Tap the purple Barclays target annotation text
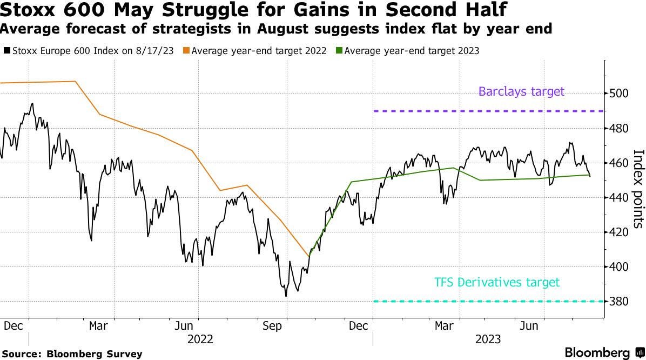click(x=521, y=91)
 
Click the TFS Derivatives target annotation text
click(x=497, y=282)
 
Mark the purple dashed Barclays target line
click(x=486, y=111)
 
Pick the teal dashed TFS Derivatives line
click(x=486, y=301)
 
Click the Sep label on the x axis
click(x=272, y=326)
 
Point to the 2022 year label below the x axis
click(x=200, y=339)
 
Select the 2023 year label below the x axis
click(x=487, y=339)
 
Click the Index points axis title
click(x=638, y=189)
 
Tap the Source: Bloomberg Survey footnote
click(x=71, y=354)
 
